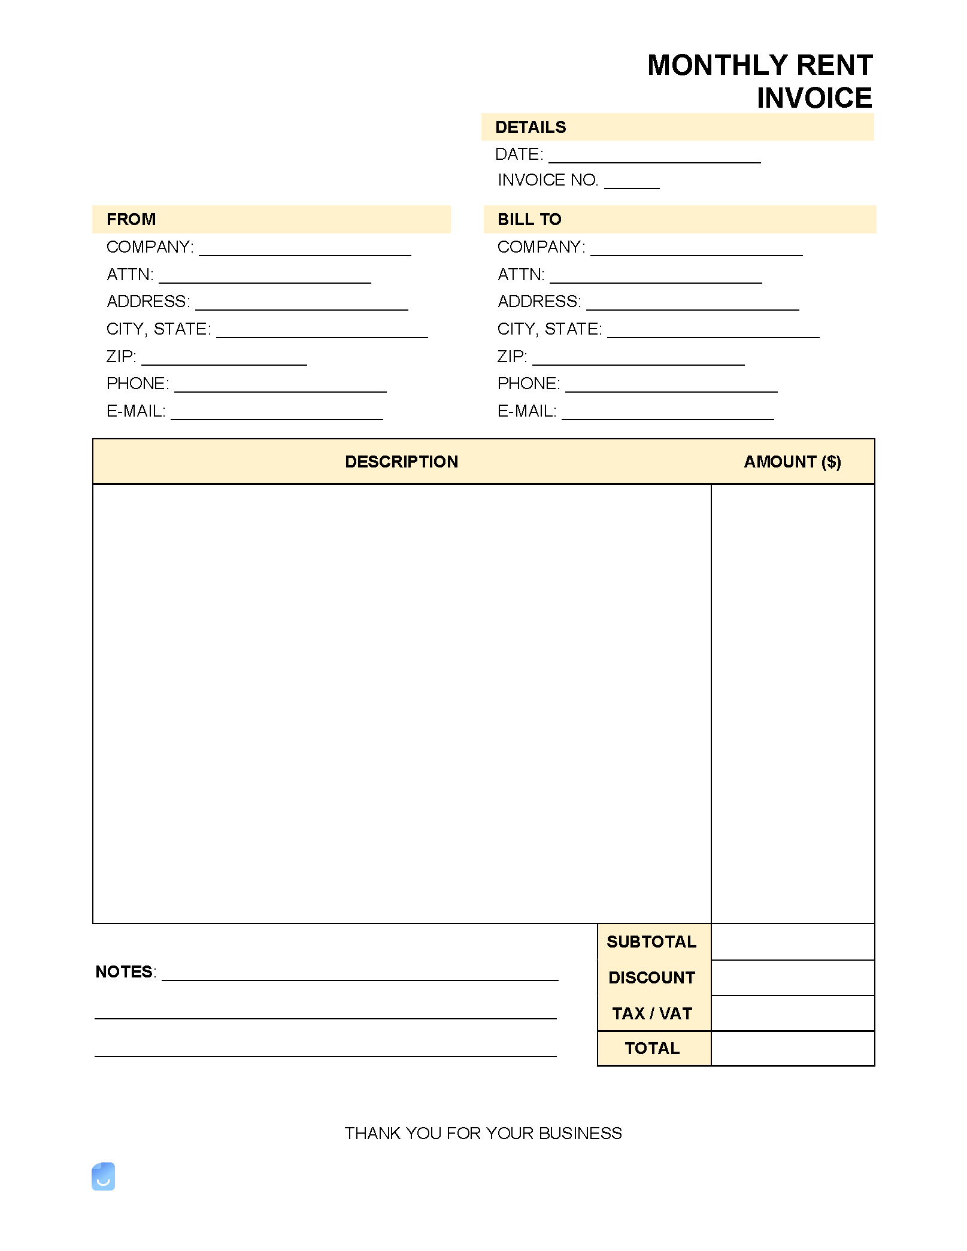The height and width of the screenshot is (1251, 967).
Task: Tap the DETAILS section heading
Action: coord(531,127)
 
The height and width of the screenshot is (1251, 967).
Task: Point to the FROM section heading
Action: coord(131,219)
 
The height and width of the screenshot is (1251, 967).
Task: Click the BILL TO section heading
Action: coord(529,219)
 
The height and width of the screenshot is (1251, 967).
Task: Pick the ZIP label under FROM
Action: coord(121,357)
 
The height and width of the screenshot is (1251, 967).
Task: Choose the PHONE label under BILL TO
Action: coord(529,384)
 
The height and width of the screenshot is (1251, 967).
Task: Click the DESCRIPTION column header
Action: coord(401,461)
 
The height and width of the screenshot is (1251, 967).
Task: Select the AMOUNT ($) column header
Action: coord(792,461)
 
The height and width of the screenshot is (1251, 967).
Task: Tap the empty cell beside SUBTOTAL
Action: coord(793,942)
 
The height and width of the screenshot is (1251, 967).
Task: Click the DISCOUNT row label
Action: coord(651,977)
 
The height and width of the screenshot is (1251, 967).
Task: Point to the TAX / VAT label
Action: coord(651,1013)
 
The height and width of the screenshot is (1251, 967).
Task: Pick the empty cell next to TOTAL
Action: coord(793,1048)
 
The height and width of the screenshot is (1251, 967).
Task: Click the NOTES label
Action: coord(125,971)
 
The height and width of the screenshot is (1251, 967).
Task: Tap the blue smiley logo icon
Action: coord(103,1177)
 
